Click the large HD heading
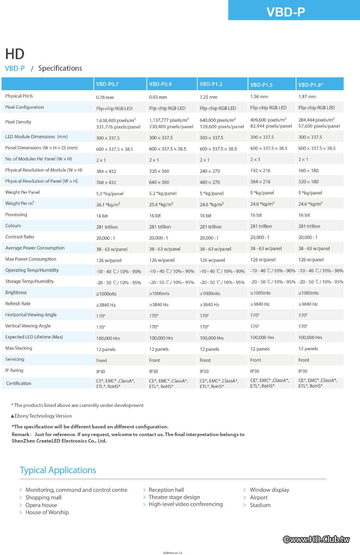(15, 54)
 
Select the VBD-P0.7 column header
(107, 84)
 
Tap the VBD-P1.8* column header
(310, 85)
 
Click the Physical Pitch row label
(19, 96)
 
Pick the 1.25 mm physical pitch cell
(208, 97)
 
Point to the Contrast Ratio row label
(19, 237)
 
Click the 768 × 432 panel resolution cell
(106, 182)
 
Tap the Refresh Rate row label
(18, 304)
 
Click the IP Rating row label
(14, 370)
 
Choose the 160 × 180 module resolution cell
(308, 170)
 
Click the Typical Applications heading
(58, 470)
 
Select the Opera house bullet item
(41, 505)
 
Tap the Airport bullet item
(259, 498)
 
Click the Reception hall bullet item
(166, 490)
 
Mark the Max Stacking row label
(19, 348)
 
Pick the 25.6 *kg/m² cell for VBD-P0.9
(161, 204)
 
